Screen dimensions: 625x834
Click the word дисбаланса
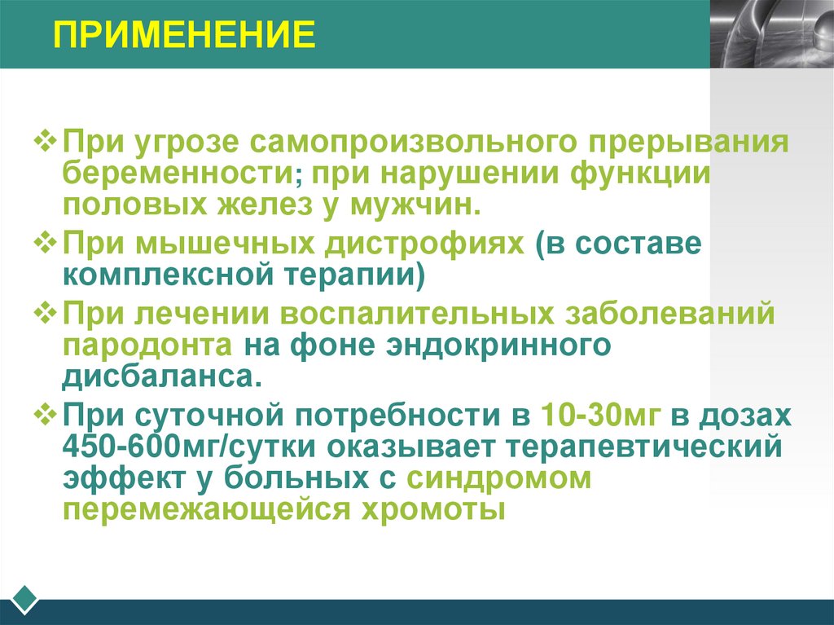tap(164, 375)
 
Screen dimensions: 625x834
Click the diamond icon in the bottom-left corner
tap(27, 600)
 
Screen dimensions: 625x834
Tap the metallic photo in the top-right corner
tap(771, 33)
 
